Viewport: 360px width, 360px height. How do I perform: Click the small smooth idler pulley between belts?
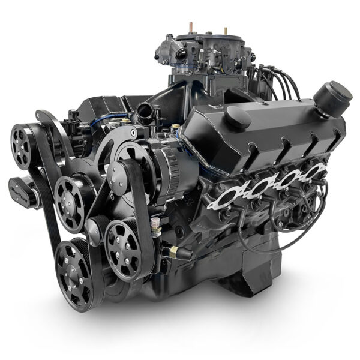tap(93, 228)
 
